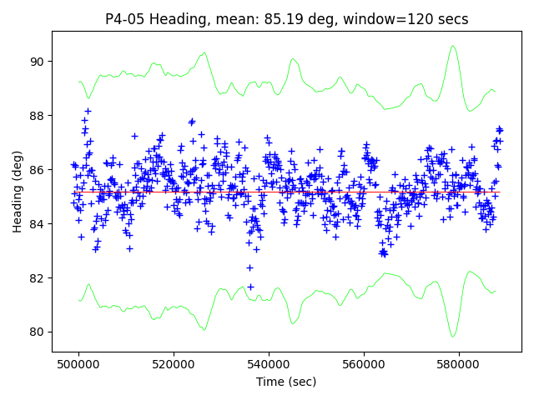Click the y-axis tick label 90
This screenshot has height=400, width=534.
(x=37, y=62)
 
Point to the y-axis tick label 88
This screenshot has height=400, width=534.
(x=37, y=116)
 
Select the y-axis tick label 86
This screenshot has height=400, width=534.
(x=37, y=170)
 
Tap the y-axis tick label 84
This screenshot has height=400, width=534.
(x=37, y=224)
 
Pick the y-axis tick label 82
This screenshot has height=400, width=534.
(x=37, y=278)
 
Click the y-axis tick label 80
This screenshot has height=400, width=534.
(x=37, y=332)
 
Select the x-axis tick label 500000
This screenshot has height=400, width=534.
(x=79, y=364)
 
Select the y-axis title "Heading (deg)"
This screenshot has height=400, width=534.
(x=18, y=192)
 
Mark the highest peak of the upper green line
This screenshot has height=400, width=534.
(x=452, y=46)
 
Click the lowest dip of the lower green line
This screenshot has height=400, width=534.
(x=453, y=337)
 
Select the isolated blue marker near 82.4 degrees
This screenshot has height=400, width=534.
(x=249, y=267)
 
